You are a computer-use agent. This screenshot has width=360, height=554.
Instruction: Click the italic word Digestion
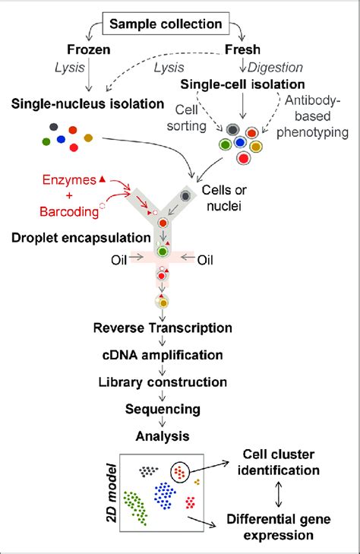pos(281,67)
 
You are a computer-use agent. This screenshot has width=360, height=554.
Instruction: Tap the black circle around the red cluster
pos(179,473)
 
